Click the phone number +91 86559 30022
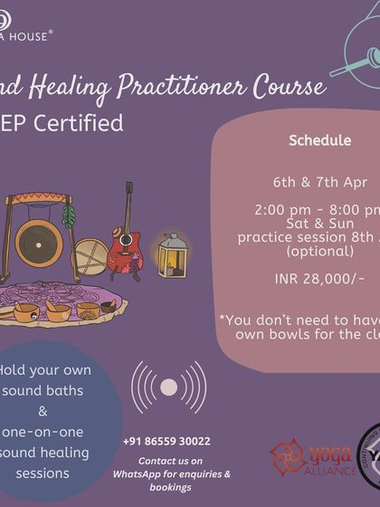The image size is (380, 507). (x=166, y=442)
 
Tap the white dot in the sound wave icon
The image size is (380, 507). (x=169, y=387)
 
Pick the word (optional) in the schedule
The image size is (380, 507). (x=318, y=249)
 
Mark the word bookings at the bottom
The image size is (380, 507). (x=166, y=487)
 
